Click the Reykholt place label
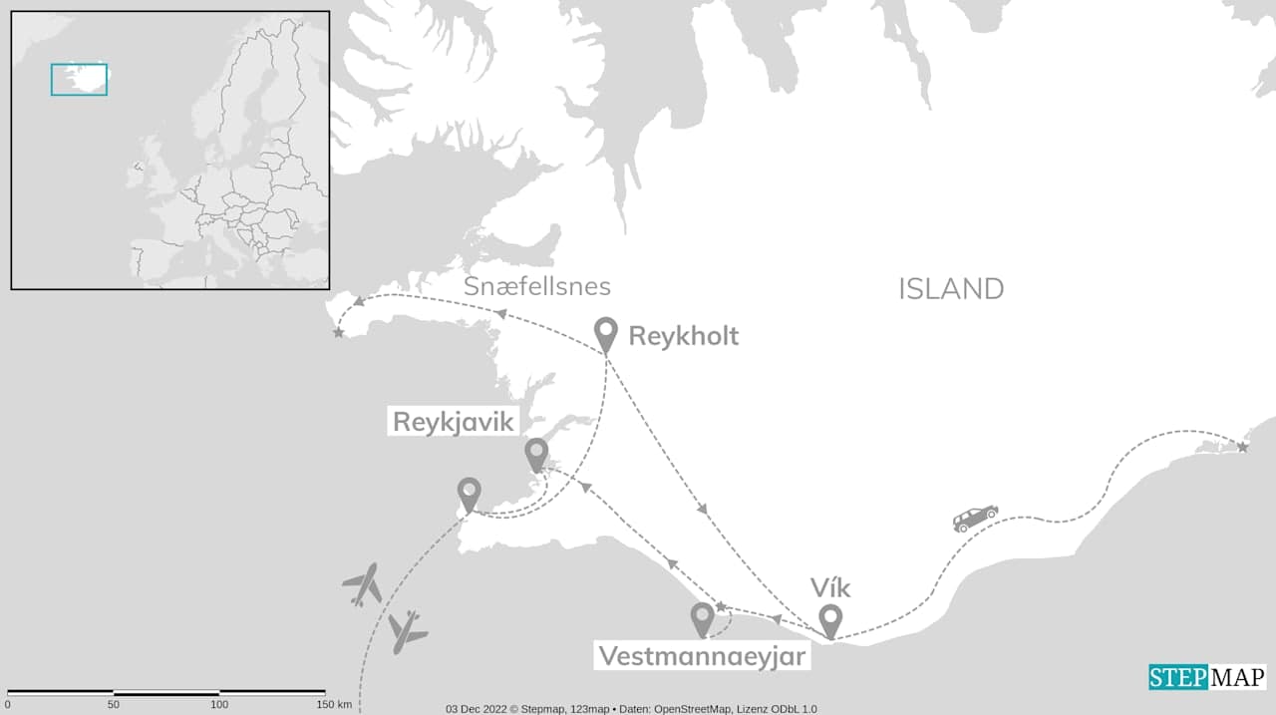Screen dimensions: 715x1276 [683, 336]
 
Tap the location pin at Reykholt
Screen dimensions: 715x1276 [605, 333]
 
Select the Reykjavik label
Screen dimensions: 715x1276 [454, 422]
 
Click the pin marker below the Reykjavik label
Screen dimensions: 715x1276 [536, 454]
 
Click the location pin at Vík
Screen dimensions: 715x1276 [829, 619]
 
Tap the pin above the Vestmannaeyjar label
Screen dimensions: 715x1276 [702, 618]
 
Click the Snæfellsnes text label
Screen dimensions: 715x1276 [536, 287]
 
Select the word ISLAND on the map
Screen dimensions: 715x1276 [951, 289]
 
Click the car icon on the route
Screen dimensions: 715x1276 [975, 518]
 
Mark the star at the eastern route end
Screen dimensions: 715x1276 [1242, 447]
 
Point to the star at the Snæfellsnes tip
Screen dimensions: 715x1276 [339, 332]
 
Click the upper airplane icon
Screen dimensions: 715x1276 [362, 584]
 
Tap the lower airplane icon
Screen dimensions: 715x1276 [407, 631]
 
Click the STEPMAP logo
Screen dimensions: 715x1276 [1207, 677]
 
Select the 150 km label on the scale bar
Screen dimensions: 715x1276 [333, 705]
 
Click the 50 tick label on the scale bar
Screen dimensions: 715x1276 [114, 705]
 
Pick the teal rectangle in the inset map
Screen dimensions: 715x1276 [79, 80]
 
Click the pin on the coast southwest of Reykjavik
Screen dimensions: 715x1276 [469, 494]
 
